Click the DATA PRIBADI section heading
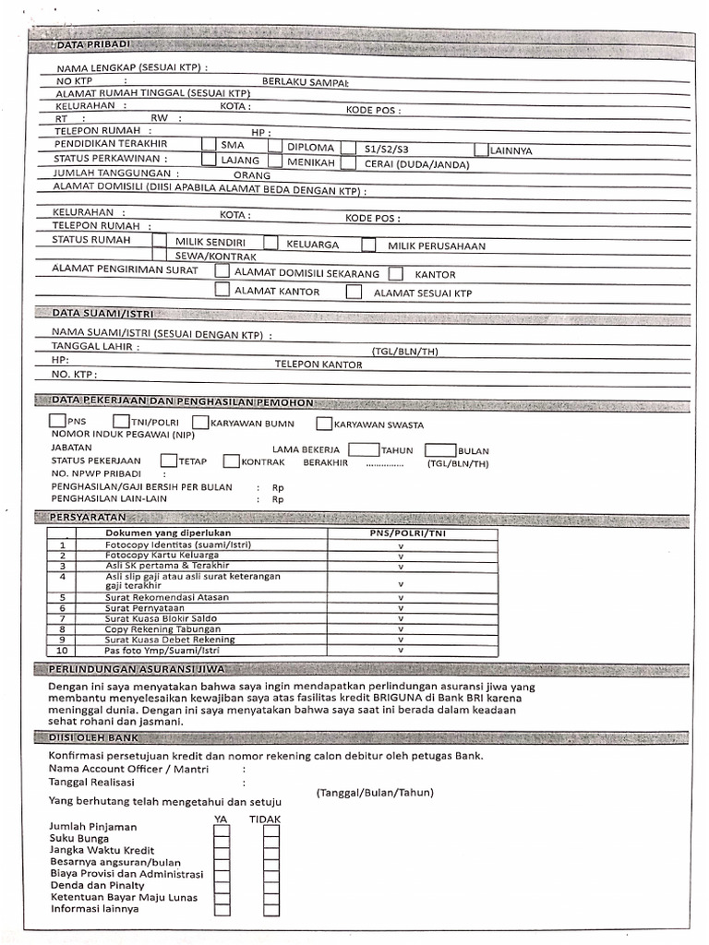click(92, 44)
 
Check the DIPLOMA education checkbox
click(275, 146)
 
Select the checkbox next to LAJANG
click(209, 161)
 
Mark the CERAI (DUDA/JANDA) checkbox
click(348, 163)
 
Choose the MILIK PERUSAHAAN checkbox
click(368, 245)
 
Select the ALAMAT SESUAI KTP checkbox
click(354, 292)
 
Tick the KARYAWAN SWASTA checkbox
click(324, 425)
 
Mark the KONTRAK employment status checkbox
click(231, 461)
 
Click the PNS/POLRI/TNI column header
click(401, 533)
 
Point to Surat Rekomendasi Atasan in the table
click(167, 597)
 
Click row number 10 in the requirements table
click(63, 651)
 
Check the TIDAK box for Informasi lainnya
click(270, 909)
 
